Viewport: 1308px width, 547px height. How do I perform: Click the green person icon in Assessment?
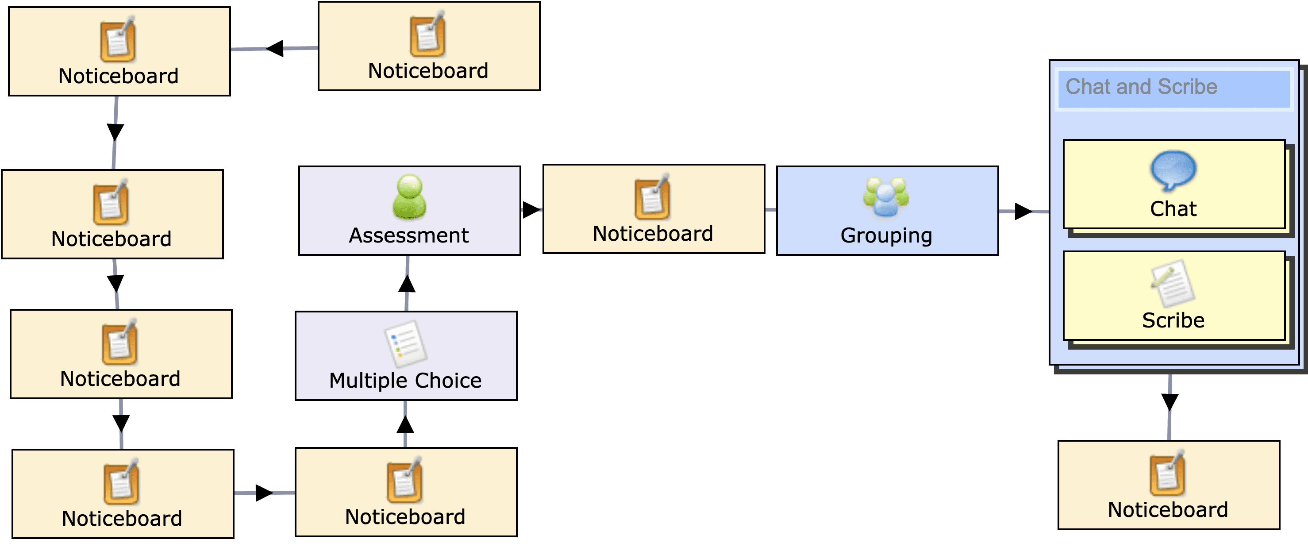pyautogui.click(x=409, y=196)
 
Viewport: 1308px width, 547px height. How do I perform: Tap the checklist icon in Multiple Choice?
pyautogui.click(x=405, y=344)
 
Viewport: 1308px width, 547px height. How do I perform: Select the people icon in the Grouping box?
pyautogui.click(x=886, y=196)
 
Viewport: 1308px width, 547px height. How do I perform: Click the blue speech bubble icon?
pyautogui.click(x=1173, y=169)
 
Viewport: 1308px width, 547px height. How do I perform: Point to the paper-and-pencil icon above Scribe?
pyautogui.click(x=1173, y=283)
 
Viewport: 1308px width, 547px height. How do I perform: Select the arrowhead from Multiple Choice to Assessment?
pyautogui.click(x=407, y=283)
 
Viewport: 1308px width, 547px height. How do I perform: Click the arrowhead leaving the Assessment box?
pyautogui.click(x=531, y=209)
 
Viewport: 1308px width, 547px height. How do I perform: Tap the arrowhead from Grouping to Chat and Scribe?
pyautogui.click(x=1023, y=211)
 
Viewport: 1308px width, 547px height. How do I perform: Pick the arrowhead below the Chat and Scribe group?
pyautogui.click(x=1170, y=402)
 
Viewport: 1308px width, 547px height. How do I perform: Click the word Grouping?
pyautogui.click(x=886, y=236)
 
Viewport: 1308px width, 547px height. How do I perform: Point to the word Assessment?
pyautogui.click(x=409, y=236)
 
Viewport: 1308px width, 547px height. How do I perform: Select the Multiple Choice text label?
pyautogui.click(x=405, y=381)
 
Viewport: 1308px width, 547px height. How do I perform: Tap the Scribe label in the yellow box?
pyautogui.click(x=1173, y=320)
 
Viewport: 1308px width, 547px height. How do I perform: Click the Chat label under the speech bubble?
pyautogui.click(x=1173, y=209)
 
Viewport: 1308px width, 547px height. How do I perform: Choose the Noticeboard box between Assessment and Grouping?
pyautogui.click(x=654, y=209)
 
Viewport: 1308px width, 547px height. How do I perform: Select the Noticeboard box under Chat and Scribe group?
pyautogui.click(x=1168, y=485)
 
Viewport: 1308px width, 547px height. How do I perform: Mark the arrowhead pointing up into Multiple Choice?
pyautogui.click(x=405, y=424)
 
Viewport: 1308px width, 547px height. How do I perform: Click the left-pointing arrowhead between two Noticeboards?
pyautogui.click(x=275, y=49)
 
